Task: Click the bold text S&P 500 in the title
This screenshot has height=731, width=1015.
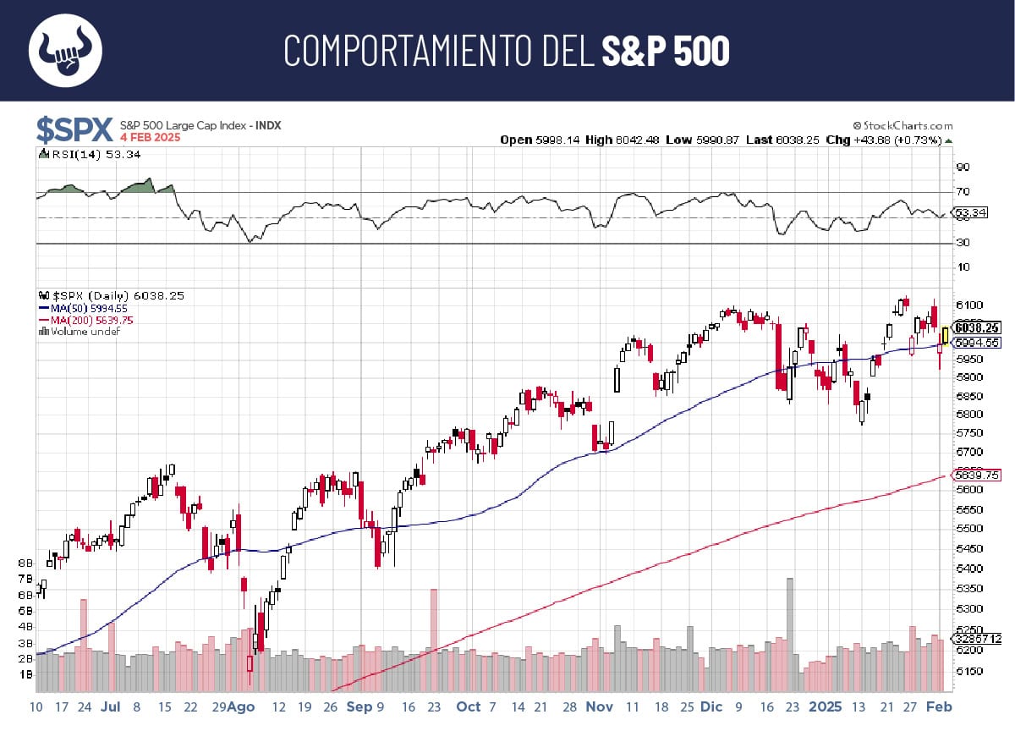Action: pyautogui.click(x=665, y=52)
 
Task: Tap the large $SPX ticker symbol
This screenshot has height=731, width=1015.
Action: pyautogui.click(x=74, y=129)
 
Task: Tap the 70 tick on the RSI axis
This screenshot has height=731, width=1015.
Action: pyautogui.click(x=963, y=192)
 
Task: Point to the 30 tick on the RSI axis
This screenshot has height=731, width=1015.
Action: pyautogui.click(x=963, y=243)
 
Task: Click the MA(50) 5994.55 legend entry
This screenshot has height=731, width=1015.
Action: pyautogui.click(x=88, y=309)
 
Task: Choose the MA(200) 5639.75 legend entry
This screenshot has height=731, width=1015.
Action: pyautogui.click(x=91, y=321)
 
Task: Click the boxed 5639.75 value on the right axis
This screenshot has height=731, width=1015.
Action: pyautogui.click(x=977, y=475)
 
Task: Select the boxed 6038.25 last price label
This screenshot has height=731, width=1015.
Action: pyautogui.click(x=977, y=327)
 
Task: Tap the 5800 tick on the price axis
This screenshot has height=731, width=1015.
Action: pyautogui.click(x=968, y=415)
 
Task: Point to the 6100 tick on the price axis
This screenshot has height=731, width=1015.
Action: pyautogui.click(x=968, y=305)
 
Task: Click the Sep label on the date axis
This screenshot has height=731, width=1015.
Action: pyautogui.click(x=359, y=706)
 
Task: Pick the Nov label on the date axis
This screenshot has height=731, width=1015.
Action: pyautogui.click(x=600, y=706)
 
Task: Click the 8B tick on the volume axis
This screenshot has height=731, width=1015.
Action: pyautogui.click(x=25, y=563)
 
